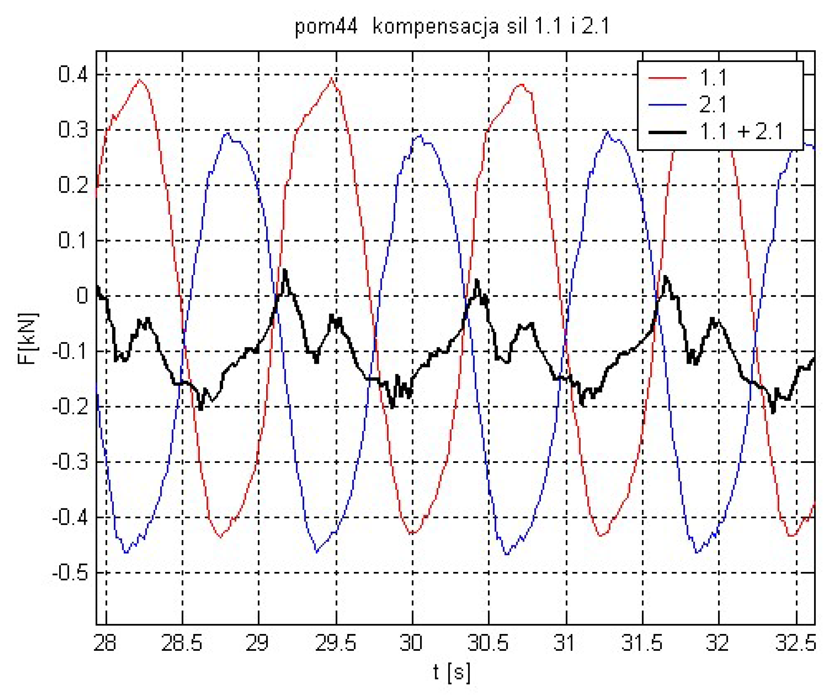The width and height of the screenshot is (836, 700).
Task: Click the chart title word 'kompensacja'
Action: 436,27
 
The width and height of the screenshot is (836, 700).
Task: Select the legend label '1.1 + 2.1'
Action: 741,132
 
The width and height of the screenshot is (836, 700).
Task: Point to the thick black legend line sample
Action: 668,132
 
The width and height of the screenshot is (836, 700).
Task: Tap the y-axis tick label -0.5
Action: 70,573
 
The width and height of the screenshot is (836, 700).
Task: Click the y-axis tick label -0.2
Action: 70,407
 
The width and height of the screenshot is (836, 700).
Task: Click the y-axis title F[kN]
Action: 28,339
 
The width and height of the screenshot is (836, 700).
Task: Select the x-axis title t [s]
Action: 452,673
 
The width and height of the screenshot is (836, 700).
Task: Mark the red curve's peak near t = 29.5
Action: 332,78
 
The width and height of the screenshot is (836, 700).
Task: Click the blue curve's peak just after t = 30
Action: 420,135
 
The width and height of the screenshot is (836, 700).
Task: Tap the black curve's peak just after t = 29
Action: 285,271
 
